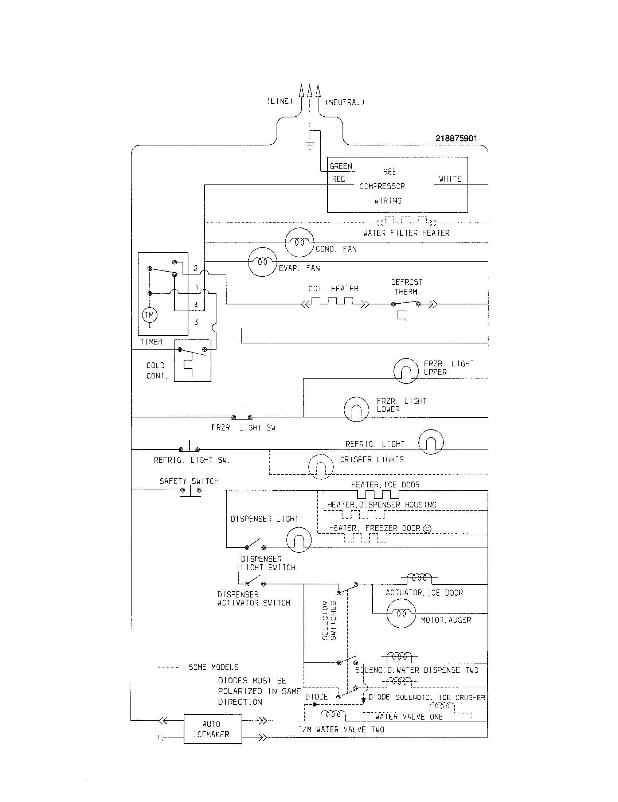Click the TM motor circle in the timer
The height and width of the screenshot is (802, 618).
coord(149,315)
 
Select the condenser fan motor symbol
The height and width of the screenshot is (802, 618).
coord(300,242)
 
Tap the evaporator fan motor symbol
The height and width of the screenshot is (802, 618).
coord(262,262)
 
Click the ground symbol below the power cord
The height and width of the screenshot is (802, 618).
coord(310,146)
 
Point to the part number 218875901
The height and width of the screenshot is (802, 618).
coord(456,139)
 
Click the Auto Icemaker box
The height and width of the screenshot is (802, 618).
coord(212,729)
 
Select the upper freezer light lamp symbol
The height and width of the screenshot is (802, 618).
coord(406,371)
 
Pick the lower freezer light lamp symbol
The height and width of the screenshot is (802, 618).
coord(356,409)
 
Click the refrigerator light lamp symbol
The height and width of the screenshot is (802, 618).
coord(431,442)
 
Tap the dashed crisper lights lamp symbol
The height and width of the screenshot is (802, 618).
coord(321,467)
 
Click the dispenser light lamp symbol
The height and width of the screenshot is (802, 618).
coord(299,540)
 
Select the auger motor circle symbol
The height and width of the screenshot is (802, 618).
coord(401,614)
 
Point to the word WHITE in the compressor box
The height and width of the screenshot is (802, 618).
coord(450,179)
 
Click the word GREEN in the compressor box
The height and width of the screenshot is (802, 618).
coord(341,166)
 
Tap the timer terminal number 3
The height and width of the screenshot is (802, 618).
coord(196,322)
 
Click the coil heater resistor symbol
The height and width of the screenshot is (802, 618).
coord(333,303)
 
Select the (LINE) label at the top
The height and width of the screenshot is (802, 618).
coord(279,101)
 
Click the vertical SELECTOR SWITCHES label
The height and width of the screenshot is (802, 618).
coord(329,620)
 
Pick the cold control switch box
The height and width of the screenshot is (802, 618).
coord(192,360)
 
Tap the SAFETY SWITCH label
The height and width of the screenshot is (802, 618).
coord(189,481)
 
